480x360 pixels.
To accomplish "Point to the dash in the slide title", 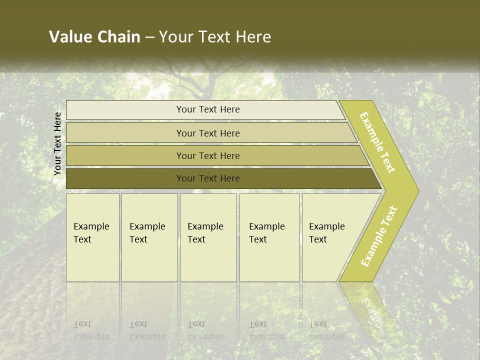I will tap(149, 37).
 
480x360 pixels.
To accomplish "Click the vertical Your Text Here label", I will tap(57, 143).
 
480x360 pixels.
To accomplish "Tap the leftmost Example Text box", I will tap(92, 237).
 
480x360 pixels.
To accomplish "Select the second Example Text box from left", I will tap(149, 237).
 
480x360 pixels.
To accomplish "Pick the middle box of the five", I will tap(208, 237).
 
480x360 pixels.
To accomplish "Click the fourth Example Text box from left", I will tap(269, 237).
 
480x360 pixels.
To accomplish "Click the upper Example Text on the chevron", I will tap(377, 142).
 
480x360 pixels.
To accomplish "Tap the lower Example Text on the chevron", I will tap(379, 236).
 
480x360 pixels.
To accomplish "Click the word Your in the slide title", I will tap(176, 37).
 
